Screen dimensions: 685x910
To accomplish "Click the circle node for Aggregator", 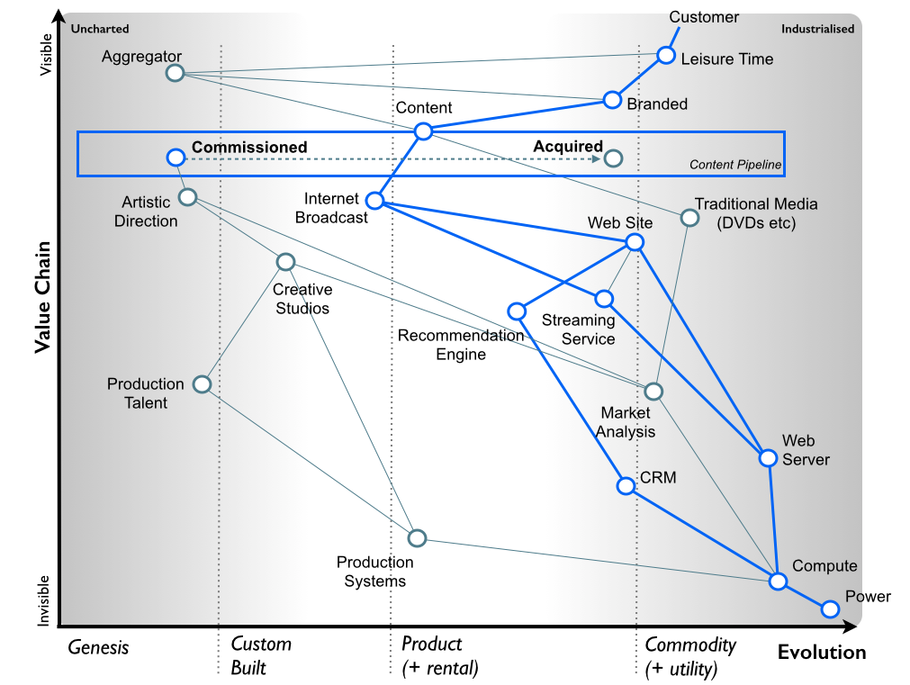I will tap(175, 73).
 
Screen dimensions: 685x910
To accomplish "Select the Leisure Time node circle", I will tap(665, 55).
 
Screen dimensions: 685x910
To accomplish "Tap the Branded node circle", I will tap(612, 99).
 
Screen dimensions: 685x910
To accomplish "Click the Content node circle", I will tap(424, 131).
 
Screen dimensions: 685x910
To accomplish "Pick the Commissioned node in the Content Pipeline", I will tap(176, 158).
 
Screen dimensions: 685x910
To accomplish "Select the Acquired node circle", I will tap(613, 158).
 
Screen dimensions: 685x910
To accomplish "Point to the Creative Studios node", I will tap(285, 262).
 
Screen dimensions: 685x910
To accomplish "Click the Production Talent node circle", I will tap(203, 384).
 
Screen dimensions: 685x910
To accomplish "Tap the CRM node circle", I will tap(626, 486).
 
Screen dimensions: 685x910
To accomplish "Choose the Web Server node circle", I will tap(767, 458).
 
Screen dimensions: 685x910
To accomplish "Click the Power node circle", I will tap(830, 609).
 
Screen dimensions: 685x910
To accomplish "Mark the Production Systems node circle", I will tap(416, 538).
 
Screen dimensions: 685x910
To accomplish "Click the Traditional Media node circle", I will tap(689, 217).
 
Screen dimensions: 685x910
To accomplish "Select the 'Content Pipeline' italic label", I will tap(735, 165).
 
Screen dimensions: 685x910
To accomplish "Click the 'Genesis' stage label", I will tap(99, 647).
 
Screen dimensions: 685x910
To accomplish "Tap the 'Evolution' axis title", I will tap(821, 653).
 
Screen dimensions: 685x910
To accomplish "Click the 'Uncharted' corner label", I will tap(100, 29).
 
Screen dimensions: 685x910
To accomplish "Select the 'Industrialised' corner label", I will tap(817, 29).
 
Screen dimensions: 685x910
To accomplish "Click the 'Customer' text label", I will tap(704, 17).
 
